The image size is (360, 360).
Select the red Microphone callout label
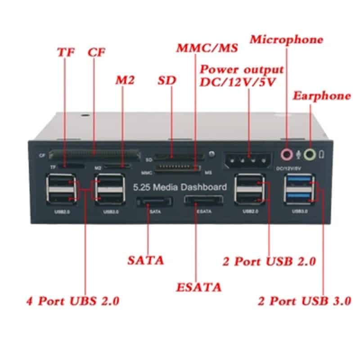pos(287,40)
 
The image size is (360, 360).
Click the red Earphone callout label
pos(321,96)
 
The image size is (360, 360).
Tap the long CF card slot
pos(94,154)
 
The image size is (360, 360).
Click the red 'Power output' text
pos(242,70)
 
